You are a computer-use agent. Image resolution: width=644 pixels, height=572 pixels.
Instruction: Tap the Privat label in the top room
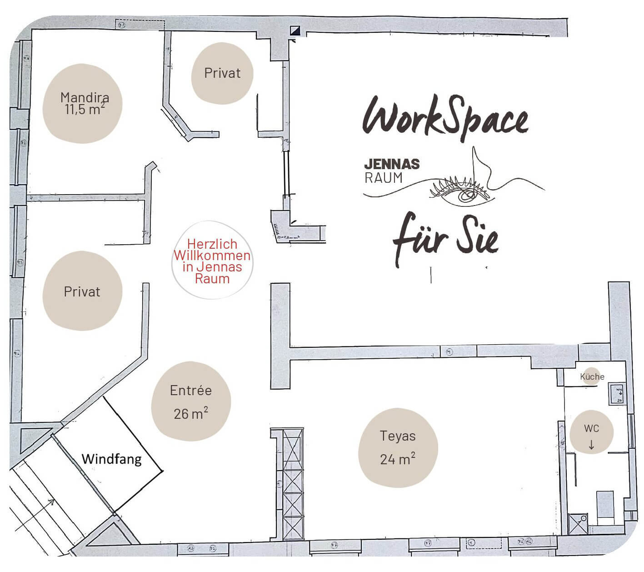(x=222, y=73)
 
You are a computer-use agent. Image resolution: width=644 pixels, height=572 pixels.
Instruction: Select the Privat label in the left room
(x=82, y=291)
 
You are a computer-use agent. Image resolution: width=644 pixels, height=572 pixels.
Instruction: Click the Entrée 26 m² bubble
(x=190, y=401)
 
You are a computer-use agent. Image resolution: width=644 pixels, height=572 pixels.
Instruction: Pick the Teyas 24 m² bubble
(x=398, y=447)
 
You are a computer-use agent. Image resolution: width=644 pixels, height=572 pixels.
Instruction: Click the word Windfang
(x=111, y=459)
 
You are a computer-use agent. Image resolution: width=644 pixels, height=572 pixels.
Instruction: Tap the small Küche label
(x=592, y=376)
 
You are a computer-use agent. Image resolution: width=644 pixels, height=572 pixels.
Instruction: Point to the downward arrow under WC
(x=591, y=445)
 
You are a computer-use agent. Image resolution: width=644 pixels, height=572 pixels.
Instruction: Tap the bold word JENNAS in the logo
(x=392, y=164)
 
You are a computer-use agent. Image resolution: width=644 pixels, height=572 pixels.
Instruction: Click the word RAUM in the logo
(x=384, y=178)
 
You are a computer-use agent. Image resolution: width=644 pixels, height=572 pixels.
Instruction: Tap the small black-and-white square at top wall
(x=295, y=31)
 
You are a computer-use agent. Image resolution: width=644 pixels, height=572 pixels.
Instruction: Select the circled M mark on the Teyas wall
(x=449, y=352)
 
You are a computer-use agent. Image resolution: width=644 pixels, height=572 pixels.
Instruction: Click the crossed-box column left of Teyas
(x=293, y=484)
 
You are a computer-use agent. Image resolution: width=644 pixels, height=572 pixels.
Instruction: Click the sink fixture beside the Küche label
(x=618, y=394)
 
